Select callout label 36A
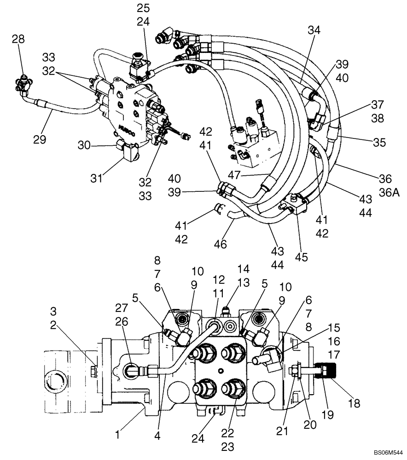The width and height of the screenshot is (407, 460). click(389, 193)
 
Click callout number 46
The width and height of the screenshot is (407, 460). click(221, 244)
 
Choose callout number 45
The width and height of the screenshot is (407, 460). click(302, 257)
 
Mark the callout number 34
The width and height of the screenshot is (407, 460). click(314, 30)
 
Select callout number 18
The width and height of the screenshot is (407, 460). click(354, 404)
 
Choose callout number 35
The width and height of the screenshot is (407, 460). click(379, 142)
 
